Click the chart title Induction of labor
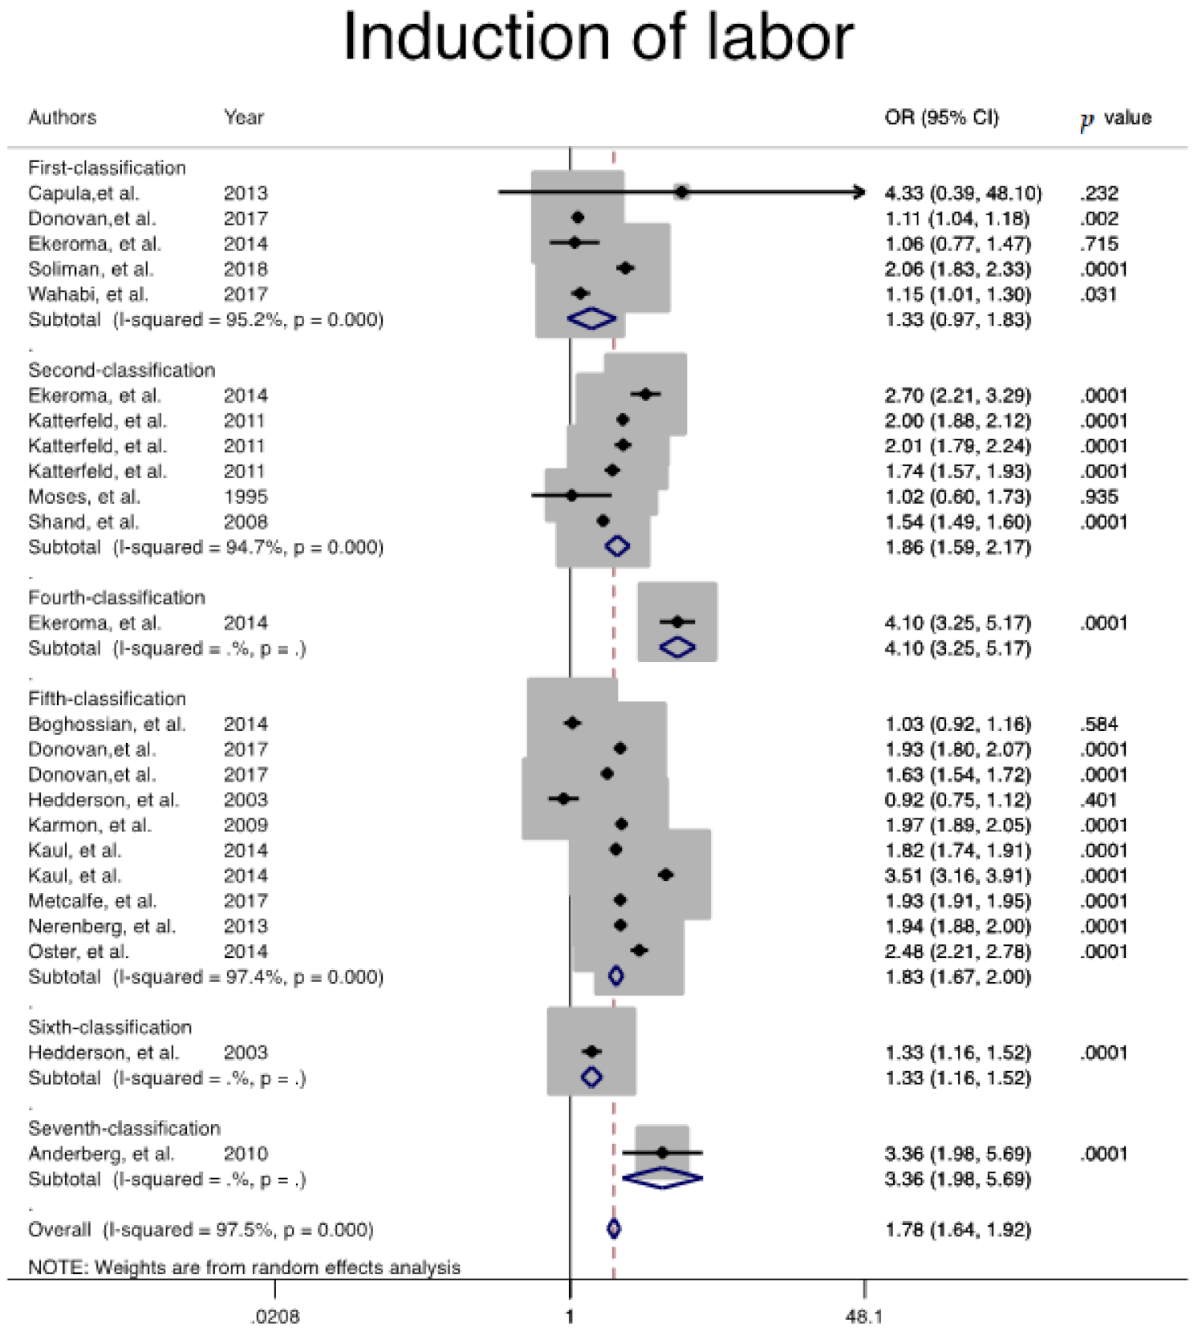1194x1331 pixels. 598,37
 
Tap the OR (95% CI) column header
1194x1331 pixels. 941,118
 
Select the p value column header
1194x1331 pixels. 1115,119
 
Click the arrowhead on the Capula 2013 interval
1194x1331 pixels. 861,193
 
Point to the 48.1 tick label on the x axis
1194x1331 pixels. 864,1317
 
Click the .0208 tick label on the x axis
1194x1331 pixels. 275,1317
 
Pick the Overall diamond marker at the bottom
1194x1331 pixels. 614,1229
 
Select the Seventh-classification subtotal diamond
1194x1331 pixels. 663,1179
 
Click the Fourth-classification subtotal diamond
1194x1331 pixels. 677,647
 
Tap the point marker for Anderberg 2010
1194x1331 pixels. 662,1153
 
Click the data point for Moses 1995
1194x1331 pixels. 571,496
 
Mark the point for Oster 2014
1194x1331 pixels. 639,951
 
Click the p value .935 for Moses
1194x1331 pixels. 1099,497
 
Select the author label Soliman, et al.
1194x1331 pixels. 90,269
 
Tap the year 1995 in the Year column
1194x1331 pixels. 246,497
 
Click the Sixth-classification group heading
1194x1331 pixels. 110,1027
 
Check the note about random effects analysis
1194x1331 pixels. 244,1268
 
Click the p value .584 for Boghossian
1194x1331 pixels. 1099,724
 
